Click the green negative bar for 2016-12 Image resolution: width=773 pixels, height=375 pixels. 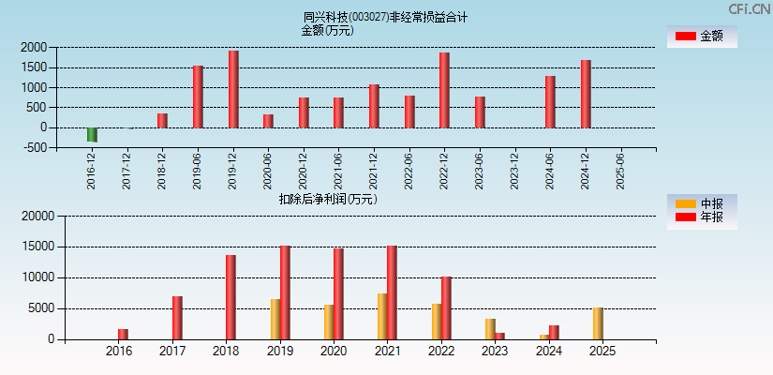[x=92, y=134]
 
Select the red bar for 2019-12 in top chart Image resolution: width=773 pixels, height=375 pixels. [x=233, y=89]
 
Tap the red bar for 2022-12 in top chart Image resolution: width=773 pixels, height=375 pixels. [x=444, y=90]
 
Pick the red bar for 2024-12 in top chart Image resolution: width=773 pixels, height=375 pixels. [x=586, y=94]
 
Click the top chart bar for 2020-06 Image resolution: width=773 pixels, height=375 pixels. [x=268, y=121]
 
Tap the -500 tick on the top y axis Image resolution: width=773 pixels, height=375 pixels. [x=35, y=147]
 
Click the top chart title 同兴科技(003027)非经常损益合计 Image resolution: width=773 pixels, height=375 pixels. [x=386, y=17]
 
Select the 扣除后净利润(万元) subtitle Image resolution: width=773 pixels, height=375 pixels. [x=328, y=199]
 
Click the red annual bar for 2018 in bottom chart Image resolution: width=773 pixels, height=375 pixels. [x=230, y=297]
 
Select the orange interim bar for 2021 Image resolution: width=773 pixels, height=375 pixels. [x=382, y=317]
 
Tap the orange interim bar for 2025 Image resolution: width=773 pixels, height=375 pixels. [x=598, y=323]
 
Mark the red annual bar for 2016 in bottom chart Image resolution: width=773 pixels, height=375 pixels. [x=123, y=334]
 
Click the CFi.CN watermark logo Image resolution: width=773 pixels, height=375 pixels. [x=749, y=8]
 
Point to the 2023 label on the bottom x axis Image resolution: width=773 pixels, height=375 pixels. [x=495, y=352]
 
